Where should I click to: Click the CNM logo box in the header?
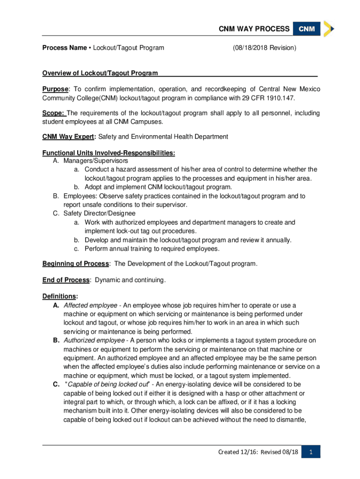pos(307,29)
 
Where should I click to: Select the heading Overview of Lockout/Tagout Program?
pos(100,73)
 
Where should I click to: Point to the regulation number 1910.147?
pos(281,98)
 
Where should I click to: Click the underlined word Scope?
pos(54,113)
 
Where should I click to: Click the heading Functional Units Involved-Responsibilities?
pos(109,153)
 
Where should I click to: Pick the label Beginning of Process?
pos(76,264)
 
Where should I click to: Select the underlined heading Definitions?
pos(59,297)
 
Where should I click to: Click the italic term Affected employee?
pos(91,305)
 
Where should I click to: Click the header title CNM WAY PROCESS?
pos(254,29)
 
